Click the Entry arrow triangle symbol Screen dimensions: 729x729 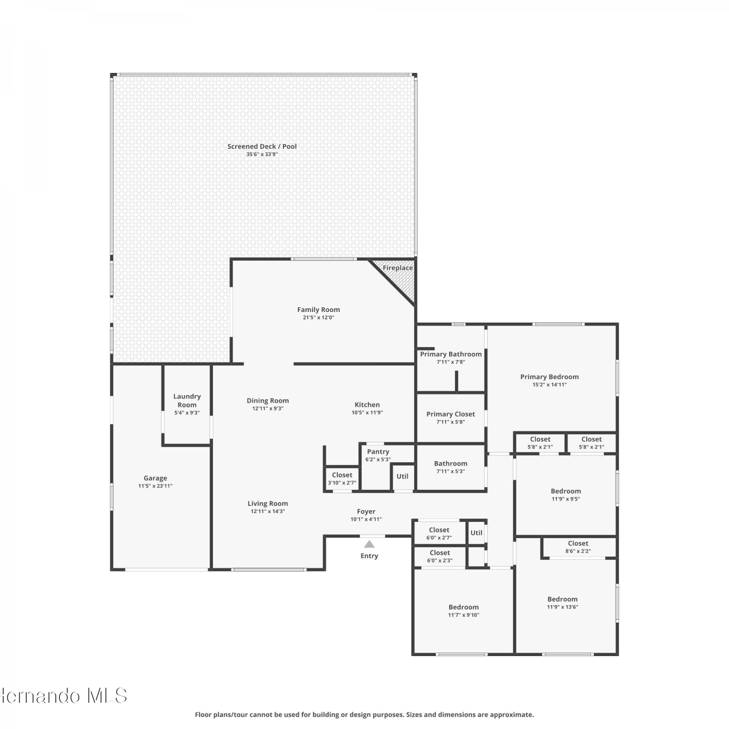[369, 544]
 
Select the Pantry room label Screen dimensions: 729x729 [378, 452]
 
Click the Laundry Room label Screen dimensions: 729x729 [187, 400]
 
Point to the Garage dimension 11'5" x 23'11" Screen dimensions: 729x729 [156, 486]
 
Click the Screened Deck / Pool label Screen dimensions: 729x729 [262, 146]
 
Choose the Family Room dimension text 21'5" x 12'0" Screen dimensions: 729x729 [319, 317]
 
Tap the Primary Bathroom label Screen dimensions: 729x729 [451, 354]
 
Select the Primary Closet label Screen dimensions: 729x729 [451, 414]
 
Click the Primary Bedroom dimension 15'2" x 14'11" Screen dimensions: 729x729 [550, 384]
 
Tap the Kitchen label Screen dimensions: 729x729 [367, 405]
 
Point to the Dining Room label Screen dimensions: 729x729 [268, 401]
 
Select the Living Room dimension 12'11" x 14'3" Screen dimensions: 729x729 [268, 511]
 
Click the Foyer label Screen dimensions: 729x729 [366, 512]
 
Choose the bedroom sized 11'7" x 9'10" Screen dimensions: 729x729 [464, 611]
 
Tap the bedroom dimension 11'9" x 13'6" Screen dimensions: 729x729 [563, 607]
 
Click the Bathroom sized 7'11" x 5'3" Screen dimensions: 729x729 [451, 467]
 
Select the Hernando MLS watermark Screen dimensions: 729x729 [64, 696]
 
